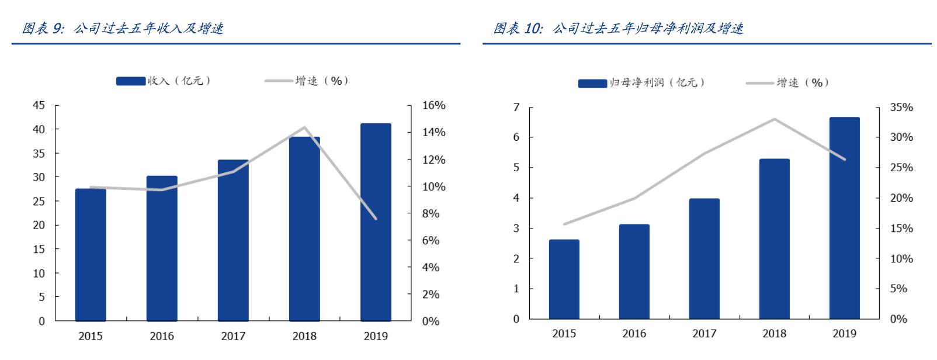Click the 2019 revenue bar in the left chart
376,222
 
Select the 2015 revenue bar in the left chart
91,255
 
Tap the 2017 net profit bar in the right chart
704,259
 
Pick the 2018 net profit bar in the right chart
774,239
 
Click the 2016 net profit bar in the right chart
634,272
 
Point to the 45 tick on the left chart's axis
39,106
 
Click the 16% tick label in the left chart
433,106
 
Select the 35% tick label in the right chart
901,108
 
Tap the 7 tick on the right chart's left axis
516,108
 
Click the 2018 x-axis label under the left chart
304,336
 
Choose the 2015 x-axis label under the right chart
564,334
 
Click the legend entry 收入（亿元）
164,81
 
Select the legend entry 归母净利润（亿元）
642,83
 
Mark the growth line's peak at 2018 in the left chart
304,127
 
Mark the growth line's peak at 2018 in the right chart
774,119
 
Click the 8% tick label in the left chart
431,214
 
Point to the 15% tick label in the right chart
901,229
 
